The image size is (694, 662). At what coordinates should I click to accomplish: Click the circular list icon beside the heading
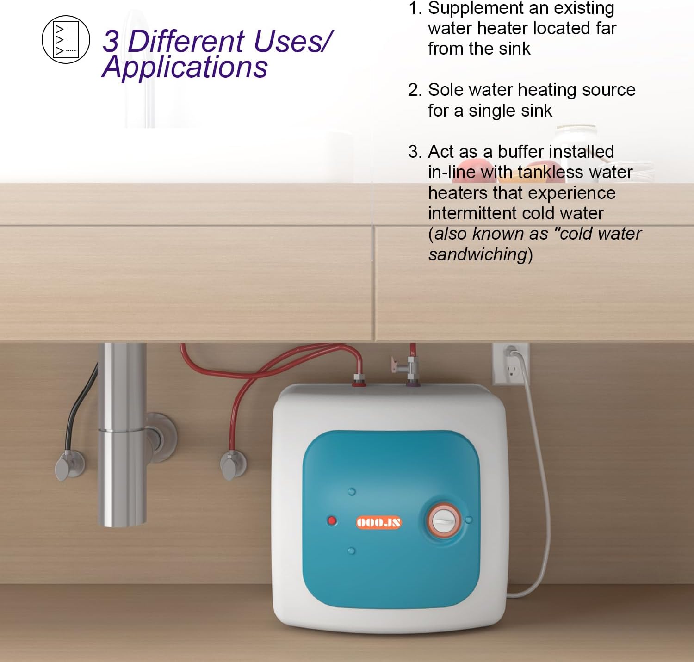(x=66, y=39)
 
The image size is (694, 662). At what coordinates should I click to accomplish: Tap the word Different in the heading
(x=186, y=41)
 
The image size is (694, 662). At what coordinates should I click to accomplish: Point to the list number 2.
(x=415, y=90)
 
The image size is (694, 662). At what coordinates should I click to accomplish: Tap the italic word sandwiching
(x=477, y=254)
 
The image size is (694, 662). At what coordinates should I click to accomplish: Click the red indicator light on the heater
(x=332, y=521)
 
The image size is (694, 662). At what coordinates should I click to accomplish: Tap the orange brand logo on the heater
(x=379, y=523)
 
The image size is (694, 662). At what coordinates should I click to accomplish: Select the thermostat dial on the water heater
(x=444, y=521)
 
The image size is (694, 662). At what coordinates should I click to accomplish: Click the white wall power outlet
(x=510, y=364)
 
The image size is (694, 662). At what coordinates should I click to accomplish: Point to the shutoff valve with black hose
(x=70, y=465)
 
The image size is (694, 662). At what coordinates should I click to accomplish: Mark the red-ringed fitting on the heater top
(x=359, y=381)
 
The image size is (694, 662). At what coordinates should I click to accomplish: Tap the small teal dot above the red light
(x=352, y=491)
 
